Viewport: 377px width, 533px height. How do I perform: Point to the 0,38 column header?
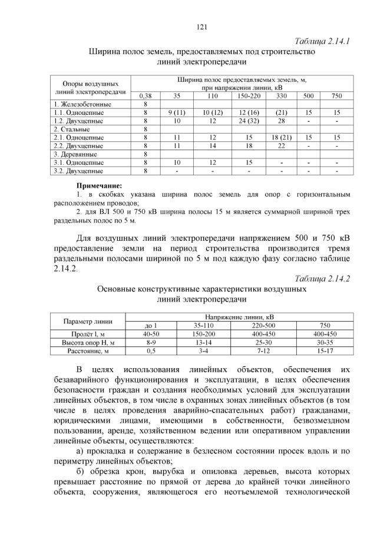145,95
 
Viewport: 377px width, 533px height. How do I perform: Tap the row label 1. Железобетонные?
76,104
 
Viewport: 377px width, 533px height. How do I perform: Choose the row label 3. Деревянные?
71,154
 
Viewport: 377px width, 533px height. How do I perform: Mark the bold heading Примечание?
101,186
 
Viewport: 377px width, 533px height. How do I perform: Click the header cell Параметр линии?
88,321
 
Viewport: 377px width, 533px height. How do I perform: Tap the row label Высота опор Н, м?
88,342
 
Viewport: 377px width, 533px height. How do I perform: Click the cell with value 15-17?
325,350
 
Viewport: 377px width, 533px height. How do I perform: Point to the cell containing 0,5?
151,350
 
